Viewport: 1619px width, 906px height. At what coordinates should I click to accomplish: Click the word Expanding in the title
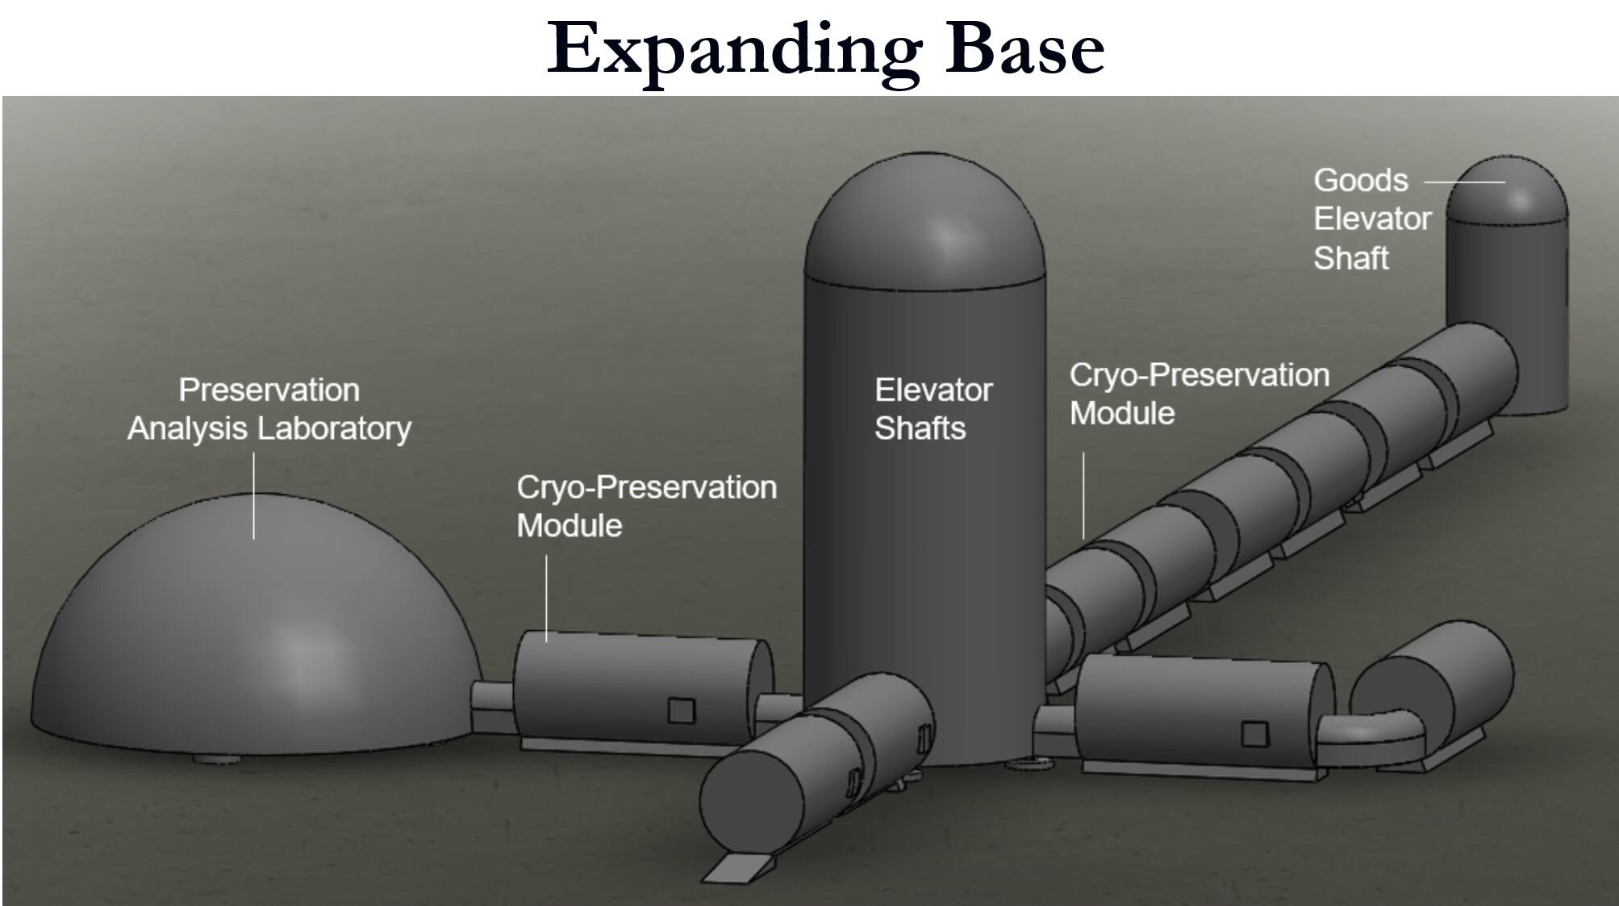734,50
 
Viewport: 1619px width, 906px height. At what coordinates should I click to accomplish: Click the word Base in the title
1025,48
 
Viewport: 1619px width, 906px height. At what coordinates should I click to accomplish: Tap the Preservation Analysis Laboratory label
269,409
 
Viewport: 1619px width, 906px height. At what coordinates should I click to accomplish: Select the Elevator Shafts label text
933,409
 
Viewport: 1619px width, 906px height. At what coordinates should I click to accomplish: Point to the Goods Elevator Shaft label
1372,219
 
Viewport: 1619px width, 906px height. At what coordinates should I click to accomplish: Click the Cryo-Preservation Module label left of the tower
646,506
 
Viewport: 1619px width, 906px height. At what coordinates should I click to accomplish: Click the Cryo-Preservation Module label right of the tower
1199,394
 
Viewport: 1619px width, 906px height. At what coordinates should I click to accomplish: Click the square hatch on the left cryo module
681,711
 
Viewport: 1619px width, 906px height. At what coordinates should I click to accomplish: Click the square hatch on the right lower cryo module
1254,734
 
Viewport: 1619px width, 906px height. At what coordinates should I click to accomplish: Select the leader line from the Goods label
1464,182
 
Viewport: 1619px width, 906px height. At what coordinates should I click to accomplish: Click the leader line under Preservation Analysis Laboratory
253,495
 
